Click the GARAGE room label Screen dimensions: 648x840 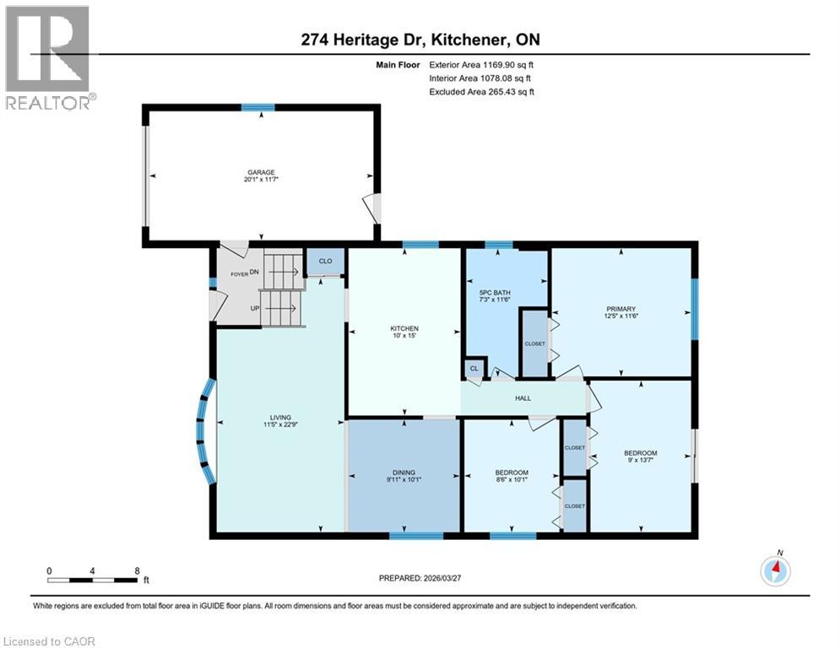pos(261,171)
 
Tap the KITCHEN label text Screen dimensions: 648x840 pos(404,328)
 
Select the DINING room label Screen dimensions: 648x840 pos(404,472)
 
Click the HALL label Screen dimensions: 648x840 pos(523,397)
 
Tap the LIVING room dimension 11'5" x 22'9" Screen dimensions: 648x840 pos(280,424)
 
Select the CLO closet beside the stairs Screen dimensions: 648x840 pos(324,262)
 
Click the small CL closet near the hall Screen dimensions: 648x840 pos(474,369)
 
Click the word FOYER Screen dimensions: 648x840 pos(238,273)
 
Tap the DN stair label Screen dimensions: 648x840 pos(253,273)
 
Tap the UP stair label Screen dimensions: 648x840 pos(254,308)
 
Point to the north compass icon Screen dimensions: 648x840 pos(775,570)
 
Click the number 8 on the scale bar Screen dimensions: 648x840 pos(137,570)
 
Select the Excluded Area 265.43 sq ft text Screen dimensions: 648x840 pos(481,91)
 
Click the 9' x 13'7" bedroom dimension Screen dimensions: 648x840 pos(641,460)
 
